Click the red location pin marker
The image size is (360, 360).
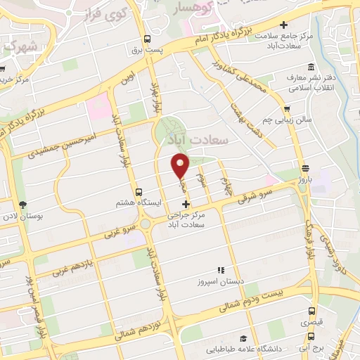point(181,167)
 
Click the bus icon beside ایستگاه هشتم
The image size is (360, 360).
point(138,191)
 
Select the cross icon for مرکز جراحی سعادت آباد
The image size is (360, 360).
point(186,203)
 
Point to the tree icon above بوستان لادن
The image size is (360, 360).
point(24,204)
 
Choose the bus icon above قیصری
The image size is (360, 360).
point(311,311)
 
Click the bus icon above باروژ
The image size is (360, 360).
point(305,169)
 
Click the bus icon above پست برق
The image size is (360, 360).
point(147,39)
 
